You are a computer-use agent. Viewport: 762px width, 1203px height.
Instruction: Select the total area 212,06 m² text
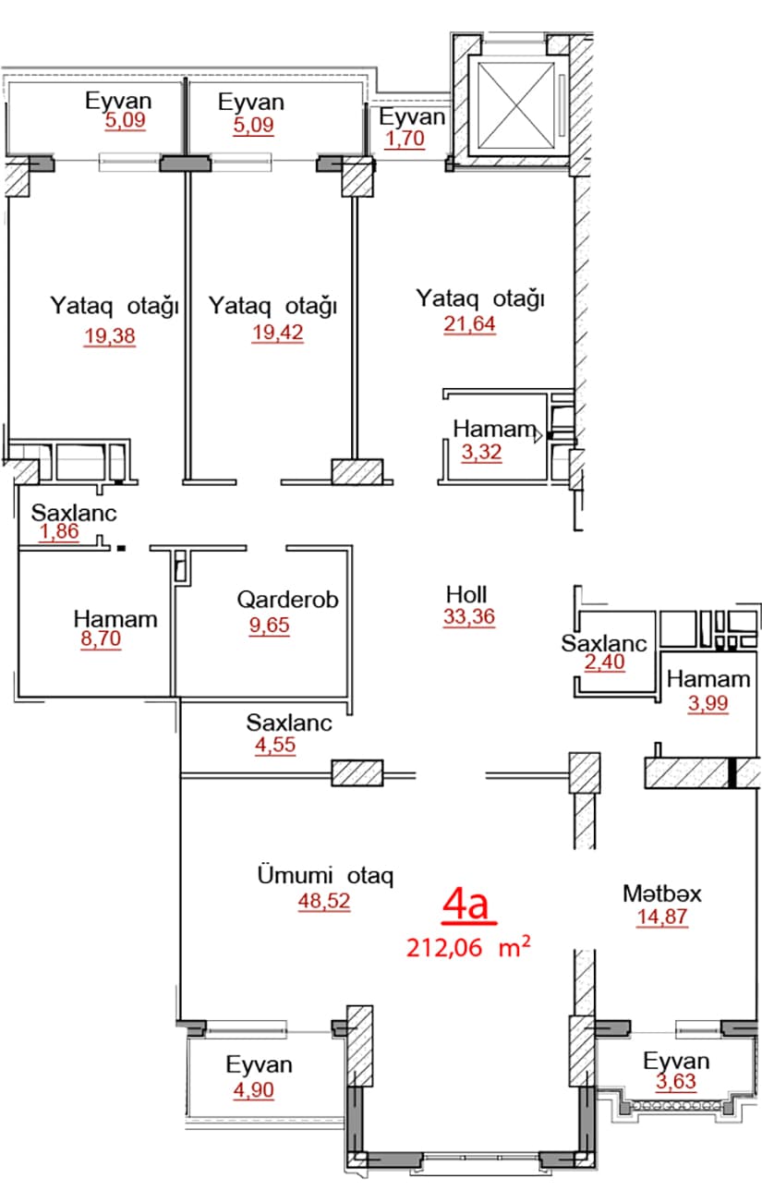pyautogui.click(x=468, y=947)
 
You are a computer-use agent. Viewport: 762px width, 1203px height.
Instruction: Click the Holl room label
pyautogui.click(x=466, y=594)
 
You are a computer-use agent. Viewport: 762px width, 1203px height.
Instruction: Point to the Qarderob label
pyautogui.click(x=287, y=600)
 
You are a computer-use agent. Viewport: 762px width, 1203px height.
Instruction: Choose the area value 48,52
pyautogui.click(x=324, y=901)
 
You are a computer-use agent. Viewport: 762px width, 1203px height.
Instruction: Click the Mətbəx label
pyautogui.click(x=662, y=893)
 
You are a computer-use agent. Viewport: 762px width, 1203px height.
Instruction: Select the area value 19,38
pyautogui.click(x=109, y=336)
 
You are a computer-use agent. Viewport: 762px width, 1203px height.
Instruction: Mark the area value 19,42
pyautogui.click(x=277, y=334)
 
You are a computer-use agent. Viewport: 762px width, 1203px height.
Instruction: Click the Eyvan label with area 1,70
pyautogui.click(x=413, y=117)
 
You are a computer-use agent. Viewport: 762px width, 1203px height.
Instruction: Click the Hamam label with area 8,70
pyautogui.click(x=115, y=619)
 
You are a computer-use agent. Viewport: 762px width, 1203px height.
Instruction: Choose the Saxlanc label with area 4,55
pyautogui.click(x=288, y=723)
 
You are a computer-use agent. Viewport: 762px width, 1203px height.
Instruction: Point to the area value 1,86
pyautogui.click(x=60, y=532)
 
